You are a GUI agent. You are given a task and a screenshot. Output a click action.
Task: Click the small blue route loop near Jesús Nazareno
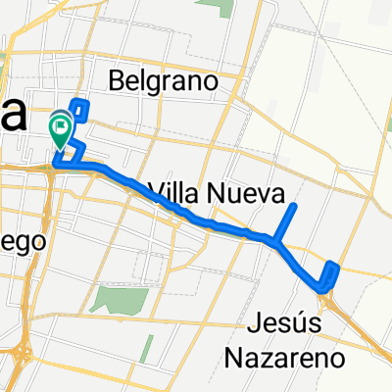[329, 276]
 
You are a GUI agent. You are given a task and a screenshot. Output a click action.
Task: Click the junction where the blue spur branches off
[278, 240]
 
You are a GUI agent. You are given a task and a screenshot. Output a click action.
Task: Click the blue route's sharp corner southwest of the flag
[55, 166]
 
